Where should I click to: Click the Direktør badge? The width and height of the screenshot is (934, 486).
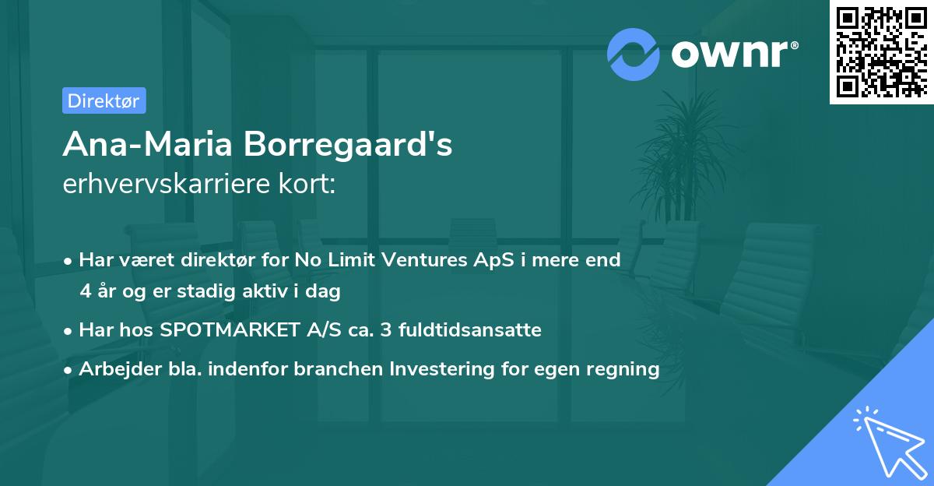(x=104, y=100)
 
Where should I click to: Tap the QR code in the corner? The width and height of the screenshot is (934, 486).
(x=880, y=51)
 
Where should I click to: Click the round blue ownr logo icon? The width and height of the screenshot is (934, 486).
(x=634, y=54)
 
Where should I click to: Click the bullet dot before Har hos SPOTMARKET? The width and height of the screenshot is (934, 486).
(x=69, y=330)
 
